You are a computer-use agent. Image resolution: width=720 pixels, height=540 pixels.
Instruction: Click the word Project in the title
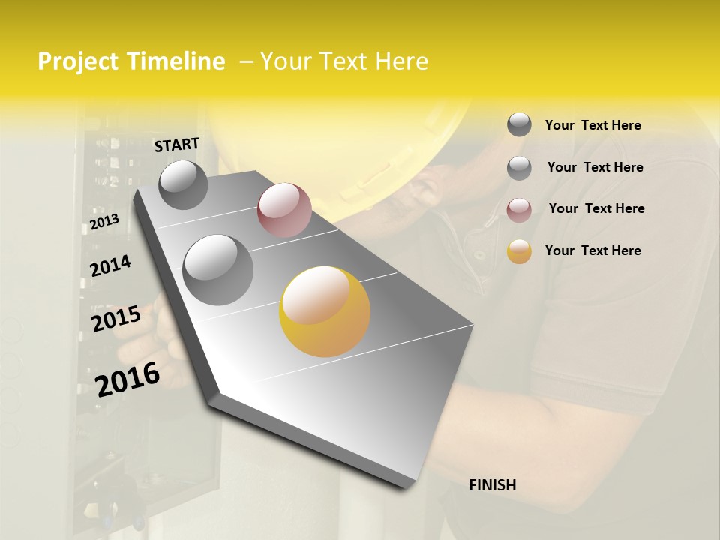(x=79, y=62)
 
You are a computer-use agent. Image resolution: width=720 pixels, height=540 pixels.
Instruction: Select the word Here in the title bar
(x=400, y=61)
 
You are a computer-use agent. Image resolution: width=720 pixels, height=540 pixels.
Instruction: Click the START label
(x=177, y=145)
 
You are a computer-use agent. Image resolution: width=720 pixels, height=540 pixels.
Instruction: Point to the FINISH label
(x=493, y=485)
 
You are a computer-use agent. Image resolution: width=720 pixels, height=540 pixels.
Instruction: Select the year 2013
(x=104, y=222)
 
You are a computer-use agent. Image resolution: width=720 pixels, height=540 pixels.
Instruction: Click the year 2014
(x=110, y=266)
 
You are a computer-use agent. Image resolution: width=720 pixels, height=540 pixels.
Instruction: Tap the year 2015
(x=116, y=319)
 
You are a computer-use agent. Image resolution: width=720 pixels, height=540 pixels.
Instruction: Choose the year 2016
(x=127, y=379)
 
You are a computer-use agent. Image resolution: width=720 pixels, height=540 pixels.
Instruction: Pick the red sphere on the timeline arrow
(x=284, y=210)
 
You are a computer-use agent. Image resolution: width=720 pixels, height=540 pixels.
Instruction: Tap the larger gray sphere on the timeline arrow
(x=218, y=269)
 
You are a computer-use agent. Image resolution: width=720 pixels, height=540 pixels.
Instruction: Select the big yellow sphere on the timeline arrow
(x=325, y=311)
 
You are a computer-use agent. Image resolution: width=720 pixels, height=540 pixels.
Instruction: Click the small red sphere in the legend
(x=519, y=211)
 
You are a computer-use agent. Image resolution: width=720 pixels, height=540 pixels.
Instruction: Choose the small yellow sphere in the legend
(x=519, y=252)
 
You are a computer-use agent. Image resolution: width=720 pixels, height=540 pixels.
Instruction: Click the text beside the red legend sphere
(x=596, y=208)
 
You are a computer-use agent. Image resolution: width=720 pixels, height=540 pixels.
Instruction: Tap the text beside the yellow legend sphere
(x=592, y=250)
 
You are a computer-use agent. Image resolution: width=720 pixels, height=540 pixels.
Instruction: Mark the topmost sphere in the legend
(x=519, y=124)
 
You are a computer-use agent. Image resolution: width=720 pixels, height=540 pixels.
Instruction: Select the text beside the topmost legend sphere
(x=592, y=125)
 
